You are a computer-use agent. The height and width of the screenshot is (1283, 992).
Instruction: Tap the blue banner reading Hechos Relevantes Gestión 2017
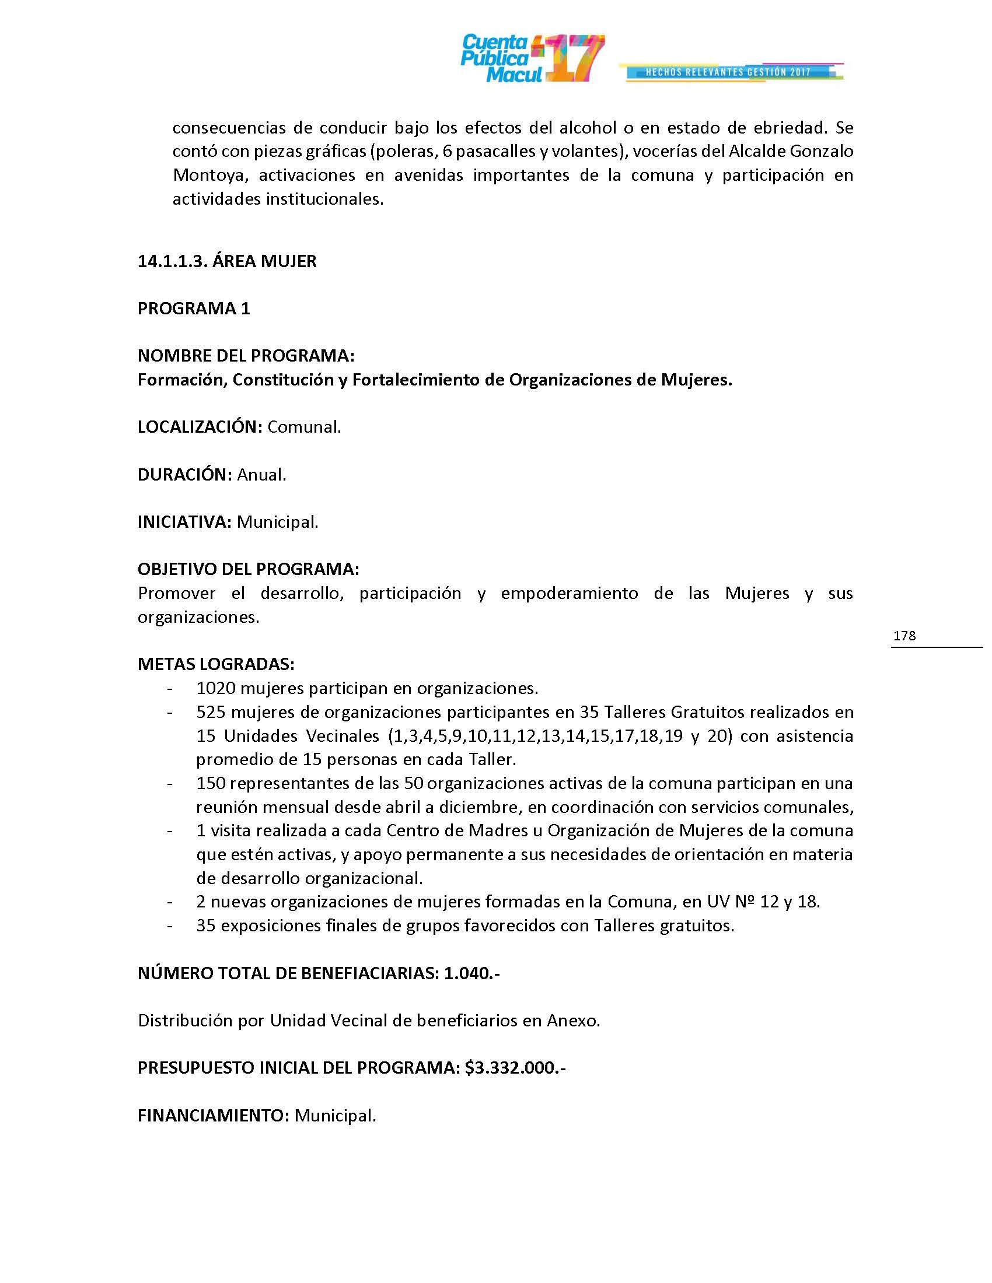(x=729, y=72)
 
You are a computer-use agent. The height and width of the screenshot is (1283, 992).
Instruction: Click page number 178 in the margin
(x=904, y=636)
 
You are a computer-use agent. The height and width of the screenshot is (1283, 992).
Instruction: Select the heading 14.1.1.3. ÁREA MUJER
(x=227, y=261)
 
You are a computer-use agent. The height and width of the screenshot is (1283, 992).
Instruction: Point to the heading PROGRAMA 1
(x=194, y=309)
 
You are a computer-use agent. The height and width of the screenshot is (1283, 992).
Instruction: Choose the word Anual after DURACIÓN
(x=261, y=475)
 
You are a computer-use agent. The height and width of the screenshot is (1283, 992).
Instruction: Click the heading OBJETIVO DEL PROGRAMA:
(x=248, y=569)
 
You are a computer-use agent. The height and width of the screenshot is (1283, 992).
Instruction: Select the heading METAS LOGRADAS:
(x=216, y=664)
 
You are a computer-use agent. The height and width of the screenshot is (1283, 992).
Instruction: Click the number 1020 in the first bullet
(x=216, y=688)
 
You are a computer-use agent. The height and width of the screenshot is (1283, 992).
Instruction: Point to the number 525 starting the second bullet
(x=211, y=712)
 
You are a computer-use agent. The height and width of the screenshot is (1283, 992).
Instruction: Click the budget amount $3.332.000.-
(x=515, y=1068)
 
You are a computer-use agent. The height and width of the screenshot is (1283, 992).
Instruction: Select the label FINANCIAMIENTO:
(x=214, y=1116)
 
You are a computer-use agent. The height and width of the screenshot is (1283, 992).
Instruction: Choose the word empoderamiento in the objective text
(x=569, y=593)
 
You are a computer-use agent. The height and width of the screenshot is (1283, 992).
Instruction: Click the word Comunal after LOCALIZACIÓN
(x=304, y=427)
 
